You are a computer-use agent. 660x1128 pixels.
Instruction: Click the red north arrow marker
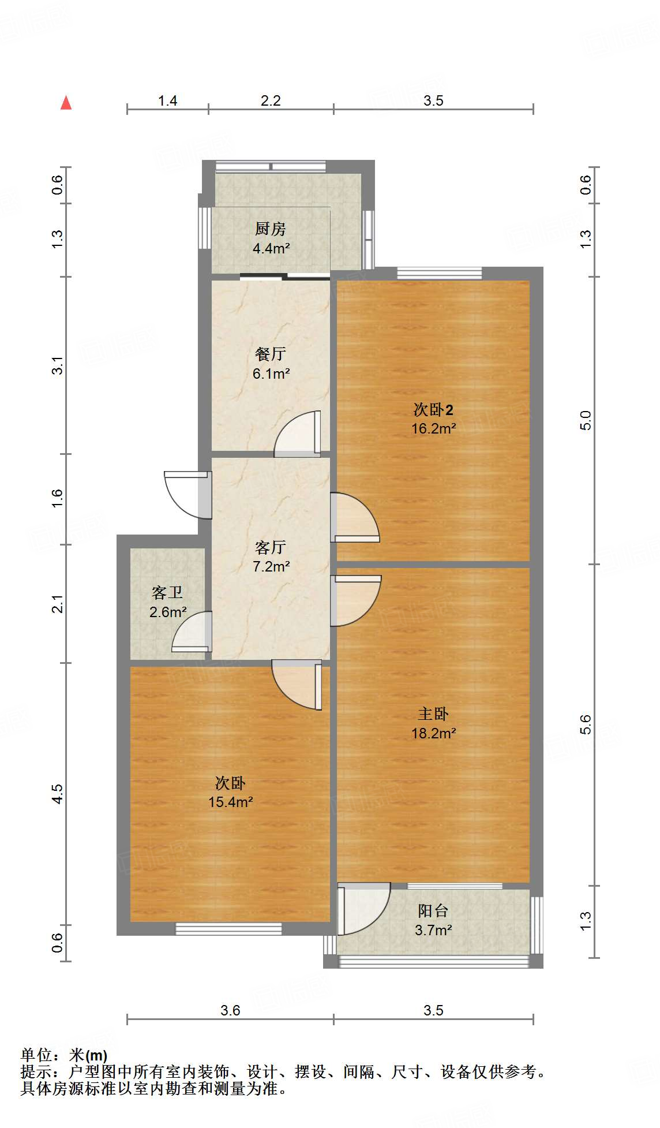pyautogui.click(x=66, y=103)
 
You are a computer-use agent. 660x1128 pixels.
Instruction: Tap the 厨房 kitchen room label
pyautogui.click(x=271, y=229)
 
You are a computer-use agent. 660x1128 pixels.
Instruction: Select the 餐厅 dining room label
pyautogui.click(x=271, y=354)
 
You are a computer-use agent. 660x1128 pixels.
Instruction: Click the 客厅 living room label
pyautogui.click(x=271, y=547)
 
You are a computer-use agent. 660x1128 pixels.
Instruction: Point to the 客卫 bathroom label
pyautogui.click(x=167, y=593)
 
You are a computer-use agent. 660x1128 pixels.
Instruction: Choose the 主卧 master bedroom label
pyautogui.click(x=433, y=714)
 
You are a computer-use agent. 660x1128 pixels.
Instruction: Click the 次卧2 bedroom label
pyautogui.click(x=433, y=409)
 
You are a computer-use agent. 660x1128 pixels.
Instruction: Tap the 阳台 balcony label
pyautogui.click(x=433, y=911)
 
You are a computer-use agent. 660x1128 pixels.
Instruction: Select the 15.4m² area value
pyautogui.click(x=231, y=802)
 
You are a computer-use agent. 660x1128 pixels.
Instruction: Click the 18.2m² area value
pyautogui.click(x=433, y=733)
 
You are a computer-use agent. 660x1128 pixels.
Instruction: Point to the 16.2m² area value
pyautogui.click(x=433, y=428)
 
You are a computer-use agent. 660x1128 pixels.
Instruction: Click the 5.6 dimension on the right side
pyautogui.click(x=586, y=724)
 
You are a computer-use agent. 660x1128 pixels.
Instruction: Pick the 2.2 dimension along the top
pyautogui.click(x=271, y=101)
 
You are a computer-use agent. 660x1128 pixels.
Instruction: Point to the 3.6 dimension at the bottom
pyautogui.click(x=230, y=1010)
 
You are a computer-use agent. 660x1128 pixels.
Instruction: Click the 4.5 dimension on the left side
pyautogui.click(x=57, y=793)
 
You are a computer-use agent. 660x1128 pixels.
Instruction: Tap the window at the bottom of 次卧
pyautogui.click(x=228, y=928)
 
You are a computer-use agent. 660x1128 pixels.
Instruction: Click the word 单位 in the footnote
pyautogui.click(x=36, y=1055)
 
